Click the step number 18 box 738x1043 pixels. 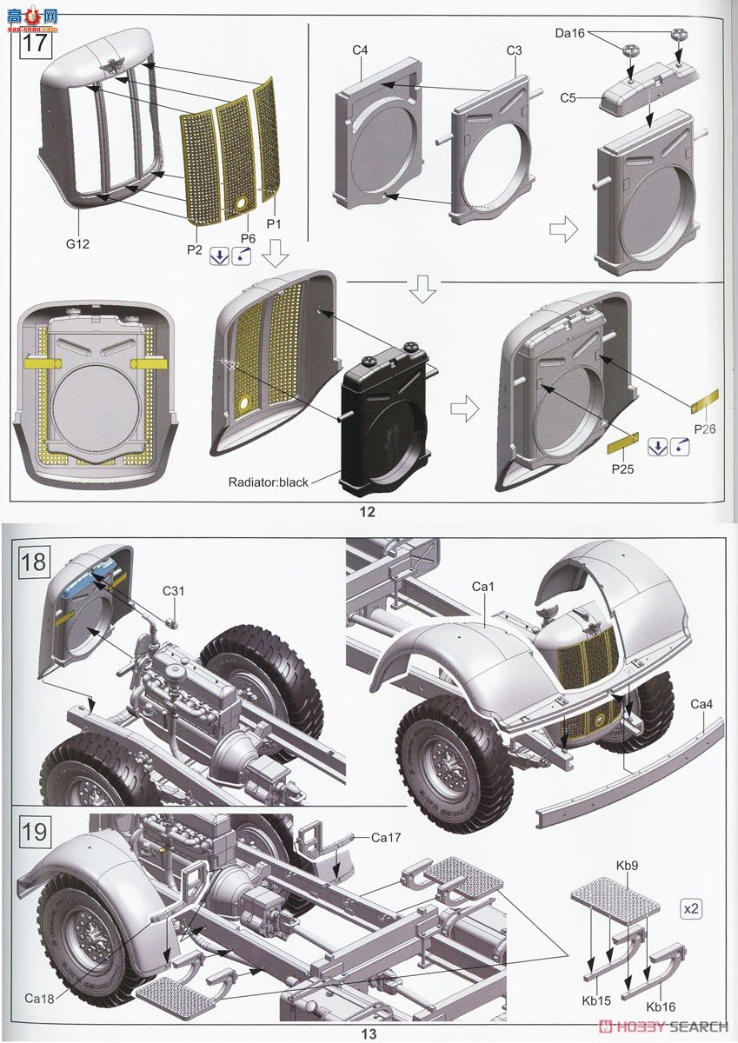click(x=33, y=561)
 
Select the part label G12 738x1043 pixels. click(x=78, y=245)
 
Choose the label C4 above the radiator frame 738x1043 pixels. click(x=361, y=50)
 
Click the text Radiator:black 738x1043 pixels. click(x=268, y=482)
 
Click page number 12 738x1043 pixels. click(x=367, y=512)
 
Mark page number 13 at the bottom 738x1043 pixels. click(x=369, y=1033)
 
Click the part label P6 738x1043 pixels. click(x=248, y=238)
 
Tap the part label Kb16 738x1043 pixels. click(x=661, y=1006)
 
